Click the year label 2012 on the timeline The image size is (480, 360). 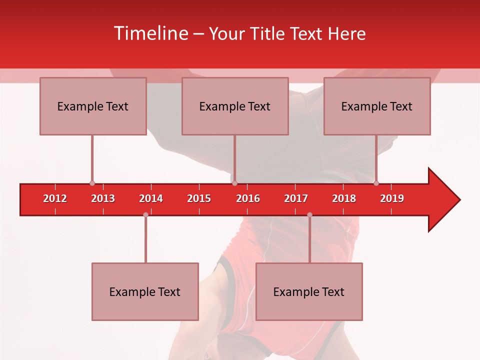point(55,198)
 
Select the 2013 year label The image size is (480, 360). point(103,198)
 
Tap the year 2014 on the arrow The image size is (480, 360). point(151,198)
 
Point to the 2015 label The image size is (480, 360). point(199,198)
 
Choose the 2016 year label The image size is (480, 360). point(248,198)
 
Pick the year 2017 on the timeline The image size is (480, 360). point(296,198)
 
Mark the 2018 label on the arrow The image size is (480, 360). point(344,198)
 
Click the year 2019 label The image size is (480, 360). point(392,198)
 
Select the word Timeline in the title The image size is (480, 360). point(150,33)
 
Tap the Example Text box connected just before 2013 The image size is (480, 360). point(93,106)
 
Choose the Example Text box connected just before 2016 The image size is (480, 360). point(235,106)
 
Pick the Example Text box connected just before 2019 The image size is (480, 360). point(377,106)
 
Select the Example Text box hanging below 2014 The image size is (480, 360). point(145,291)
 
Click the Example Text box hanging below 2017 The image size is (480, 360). point(309,291)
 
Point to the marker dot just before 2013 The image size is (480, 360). point(92,183)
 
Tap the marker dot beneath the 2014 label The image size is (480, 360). point(145,214)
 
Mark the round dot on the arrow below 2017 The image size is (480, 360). point(309,214)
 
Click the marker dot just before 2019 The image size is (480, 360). point(376,183)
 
